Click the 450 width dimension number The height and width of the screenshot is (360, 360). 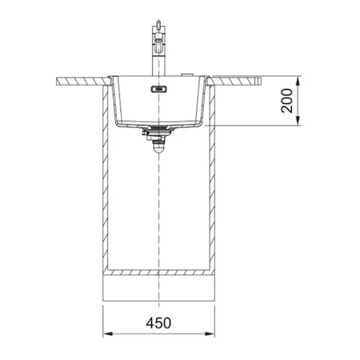coord(158,323)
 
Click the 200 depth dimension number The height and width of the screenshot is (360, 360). coord(287,101)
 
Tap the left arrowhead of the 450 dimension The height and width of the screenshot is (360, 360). coord(108,334)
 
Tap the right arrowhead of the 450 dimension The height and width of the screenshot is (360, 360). coord(210,334)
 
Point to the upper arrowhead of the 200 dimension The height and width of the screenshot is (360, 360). coord(297,81)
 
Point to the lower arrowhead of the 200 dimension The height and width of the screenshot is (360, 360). coord(297,120)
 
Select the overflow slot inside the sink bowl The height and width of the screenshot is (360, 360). coord(158,89)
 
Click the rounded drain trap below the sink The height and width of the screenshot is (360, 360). coord(158,147)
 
